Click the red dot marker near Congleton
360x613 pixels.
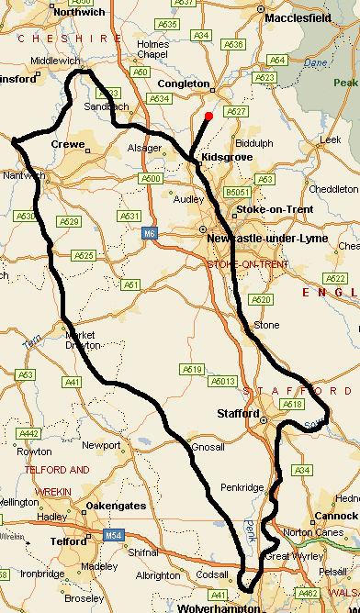[x=209, y=116]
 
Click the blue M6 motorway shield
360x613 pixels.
[x=149, y=235]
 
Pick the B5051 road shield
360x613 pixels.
[x=239, y=193]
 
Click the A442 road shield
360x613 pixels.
[x=29, y=434]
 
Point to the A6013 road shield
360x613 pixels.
[x=223, y=381]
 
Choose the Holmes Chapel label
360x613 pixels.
[x=152, y=49]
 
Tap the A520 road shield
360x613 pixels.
[x=262, y=300]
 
